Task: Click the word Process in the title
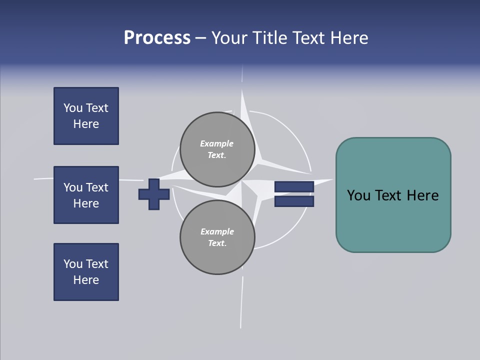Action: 157,38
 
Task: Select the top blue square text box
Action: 86,116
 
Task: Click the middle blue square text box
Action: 86,195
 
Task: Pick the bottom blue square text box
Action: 86,272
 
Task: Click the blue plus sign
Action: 154,194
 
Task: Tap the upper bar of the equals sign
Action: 294,187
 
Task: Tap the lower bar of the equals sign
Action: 294,201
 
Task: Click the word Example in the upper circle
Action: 216,144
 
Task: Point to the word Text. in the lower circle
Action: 217,243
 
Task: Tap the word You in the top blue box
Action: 72,108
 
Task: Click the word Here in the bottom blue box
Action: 86,280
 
